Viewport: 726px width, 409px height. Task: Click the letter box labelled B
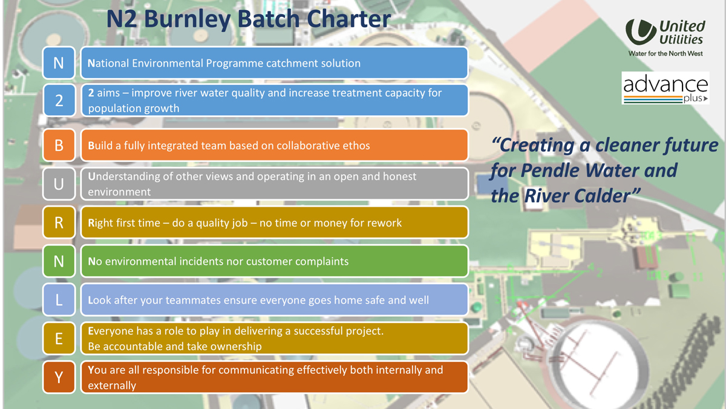tap(59, 145)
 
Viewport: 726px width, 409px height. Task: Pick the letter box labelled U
tap(59, 184)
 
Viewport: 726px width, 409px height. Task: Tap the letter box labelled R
tap(59, 223)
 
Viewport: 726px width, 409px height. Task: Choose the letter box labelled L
tap(59, 300)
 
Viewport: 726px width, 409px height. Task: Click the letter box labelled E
tap(59, 339)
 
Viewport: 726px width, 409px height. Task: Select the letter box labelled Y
tap(59, 377)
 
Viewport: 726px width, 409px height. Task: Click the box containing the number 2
tap(59, 100)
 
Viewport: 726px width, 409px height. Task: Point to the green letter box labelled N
tap(59, 261)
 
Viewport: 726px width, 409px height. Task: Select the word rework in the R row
tap(384, 223)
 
